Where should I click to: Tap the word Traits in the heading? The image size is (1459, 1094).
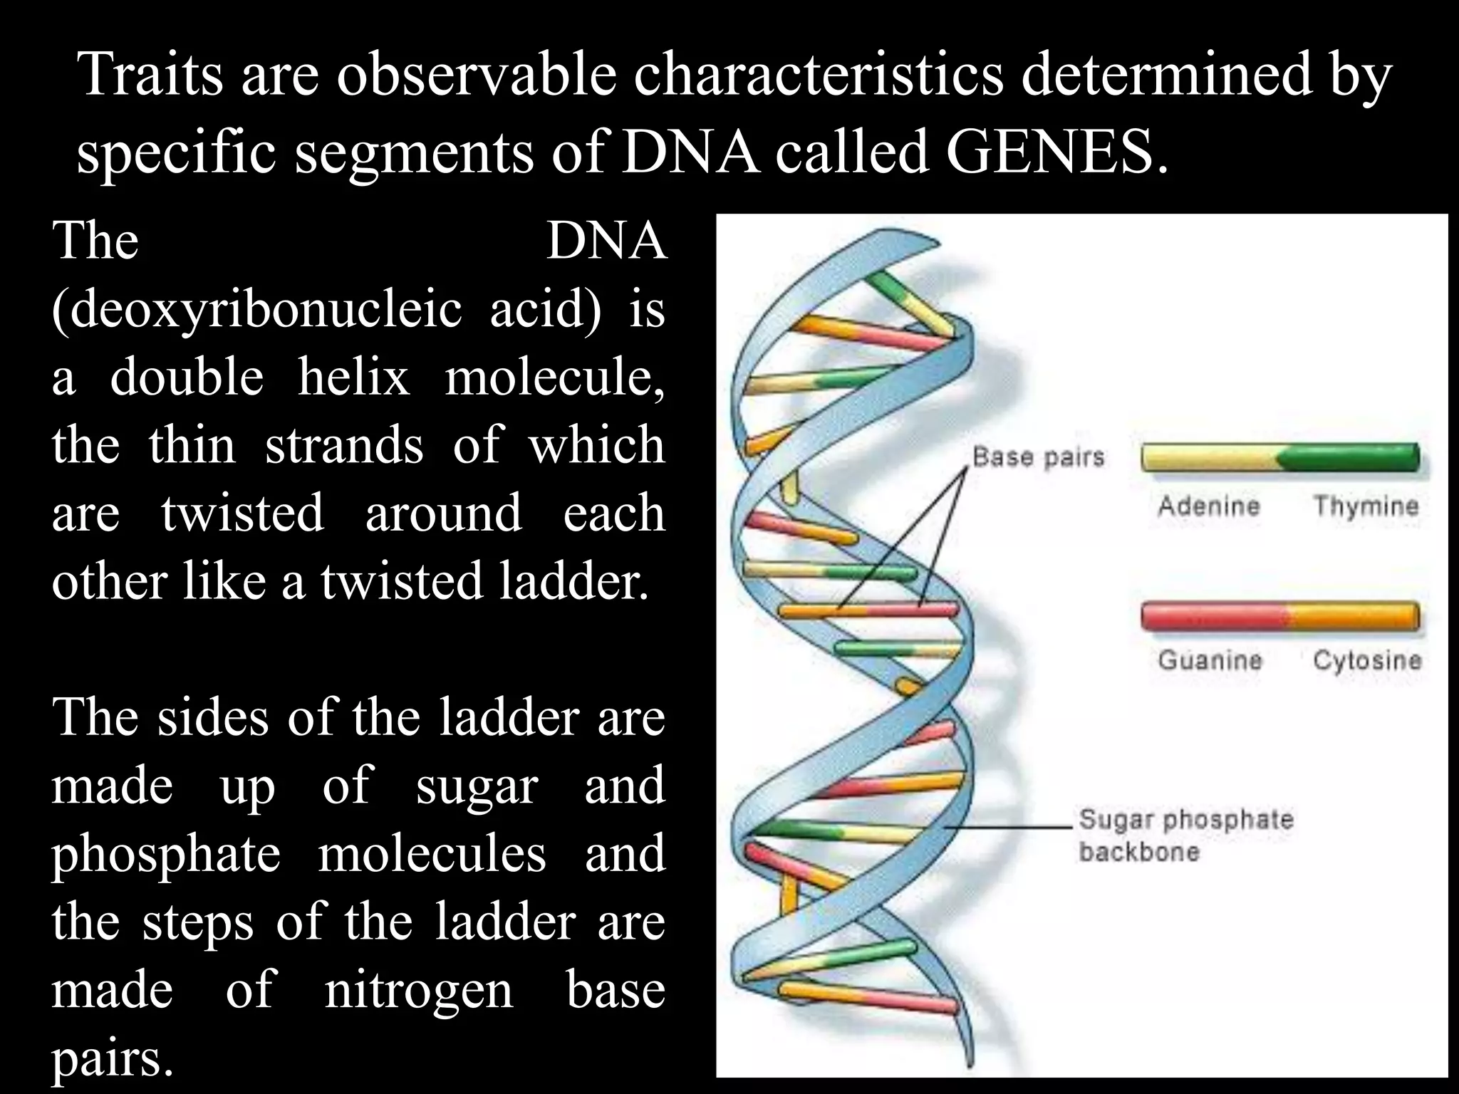(150, 74)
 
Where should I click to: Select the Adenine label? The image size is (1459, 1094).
(1209, 506)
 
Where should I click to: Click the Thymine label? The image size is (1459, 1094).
(1366, 506)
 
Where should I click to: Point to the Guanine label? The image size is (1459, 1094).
(1210, 660)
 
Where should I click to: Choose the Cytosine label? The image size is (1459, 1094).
(1366, 660)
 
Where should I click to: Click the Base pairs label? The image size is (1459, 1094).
(1038, 457)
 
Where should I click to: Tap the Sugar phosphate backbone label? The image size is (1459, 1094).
(1185, 835)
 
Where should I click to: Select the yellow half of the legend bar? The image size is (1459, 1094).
(1210, 458)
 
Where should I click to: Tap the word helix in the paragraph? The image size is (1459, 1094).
(353, 377)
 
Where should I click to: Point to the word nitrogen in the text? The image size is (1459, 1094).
(418, 989)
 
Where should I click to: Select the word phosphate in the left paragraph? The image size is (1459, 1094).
(166, 853)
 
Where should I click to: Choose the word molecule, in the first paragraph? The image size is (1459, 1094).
(554, 377)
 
